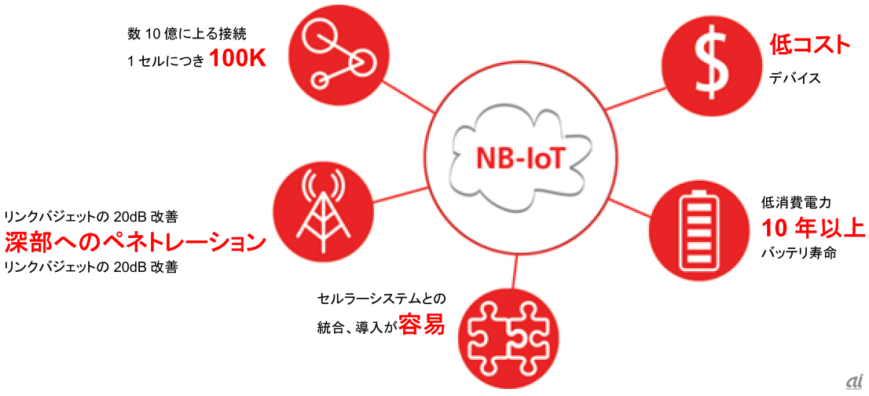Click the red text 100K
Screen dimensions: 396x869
[x=237, y=60]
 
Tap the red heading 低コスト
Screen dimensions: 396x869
[x=809, y=46]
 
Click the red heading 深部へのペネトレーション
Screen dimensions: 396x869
[x=135, y=241]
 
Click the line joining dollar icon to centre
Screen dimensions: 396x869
[x=628, y=100]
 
